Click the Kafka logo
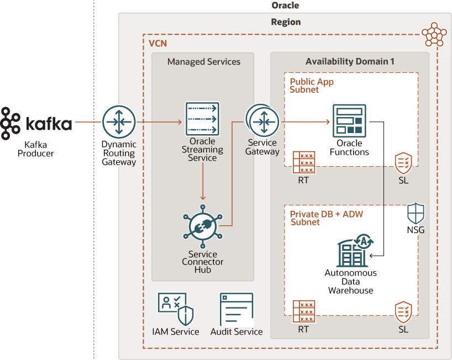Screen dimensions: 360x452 36,123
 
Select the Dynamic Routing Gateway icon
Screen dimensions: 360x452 119,122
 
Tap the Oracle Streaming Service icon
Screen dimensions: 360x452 202,119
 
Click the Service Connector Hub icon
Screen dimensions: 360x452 202,226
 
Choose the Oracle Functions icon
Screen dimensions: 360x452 349,121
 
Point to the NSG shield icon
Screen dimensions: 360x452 415,213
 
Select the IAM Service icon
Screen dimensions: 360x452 175,309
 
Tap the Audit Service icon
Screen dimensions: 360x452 236,309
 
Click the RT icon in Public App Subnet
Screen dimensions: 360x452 304,162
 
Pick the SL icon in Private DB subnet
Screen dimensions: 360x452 403,312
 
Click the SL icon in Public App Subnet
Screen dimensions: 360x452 403,164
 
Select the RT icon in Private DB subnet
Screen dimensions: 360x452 304,312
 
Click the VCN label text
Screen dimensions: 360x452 157,43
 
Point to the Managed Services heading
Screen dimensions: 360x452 204,62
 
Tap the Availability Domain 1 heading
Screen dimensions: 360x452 350,62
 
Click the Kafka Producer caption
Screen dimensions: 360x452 36,149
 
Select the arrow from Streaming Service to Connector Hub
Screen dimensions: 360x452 203,182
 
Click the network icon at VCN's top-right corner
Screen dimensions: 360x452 434,35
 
